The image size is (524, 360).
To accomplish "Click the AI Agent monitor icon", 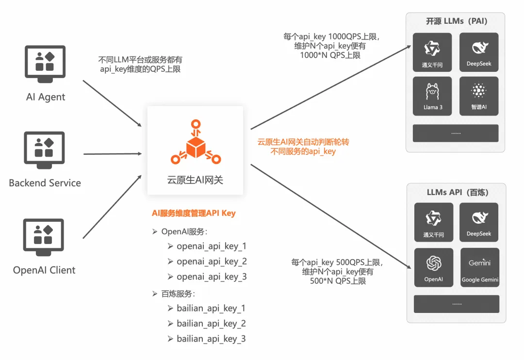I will coord(45,62).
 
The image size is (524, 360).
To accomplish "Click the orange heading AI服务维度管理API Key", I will coord(194,213).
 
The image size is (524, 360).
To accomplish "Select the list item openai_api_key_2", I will coord(212,262).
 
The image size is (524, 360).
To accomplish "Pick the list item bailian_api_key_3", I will coord(211,339).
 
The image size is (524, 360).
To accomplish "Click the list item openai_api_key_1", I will coord(212,246).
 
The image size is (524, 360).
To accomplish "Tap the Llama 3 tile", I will coord(432,96).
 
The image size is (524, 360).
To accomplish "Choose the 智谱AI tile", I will coord(478,96).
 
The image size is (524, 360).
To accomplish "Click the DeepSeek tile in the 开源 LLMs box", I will coord(478,52).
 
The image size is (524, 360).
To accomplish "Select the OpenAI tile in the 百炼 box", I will coord(433,268).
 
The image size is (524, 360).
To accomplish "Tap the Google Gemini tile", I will coord(480,268).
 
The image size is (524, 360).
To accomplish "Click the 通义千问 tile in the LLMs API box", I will coord(433,222).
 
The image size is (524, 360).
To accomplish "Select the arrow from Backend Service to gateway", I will coord(112,154).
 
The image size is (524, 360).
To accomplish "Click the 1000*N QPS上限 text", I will coord(330,55).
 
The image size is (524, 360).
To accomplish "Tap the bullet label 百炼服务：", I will coord(178,293).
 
